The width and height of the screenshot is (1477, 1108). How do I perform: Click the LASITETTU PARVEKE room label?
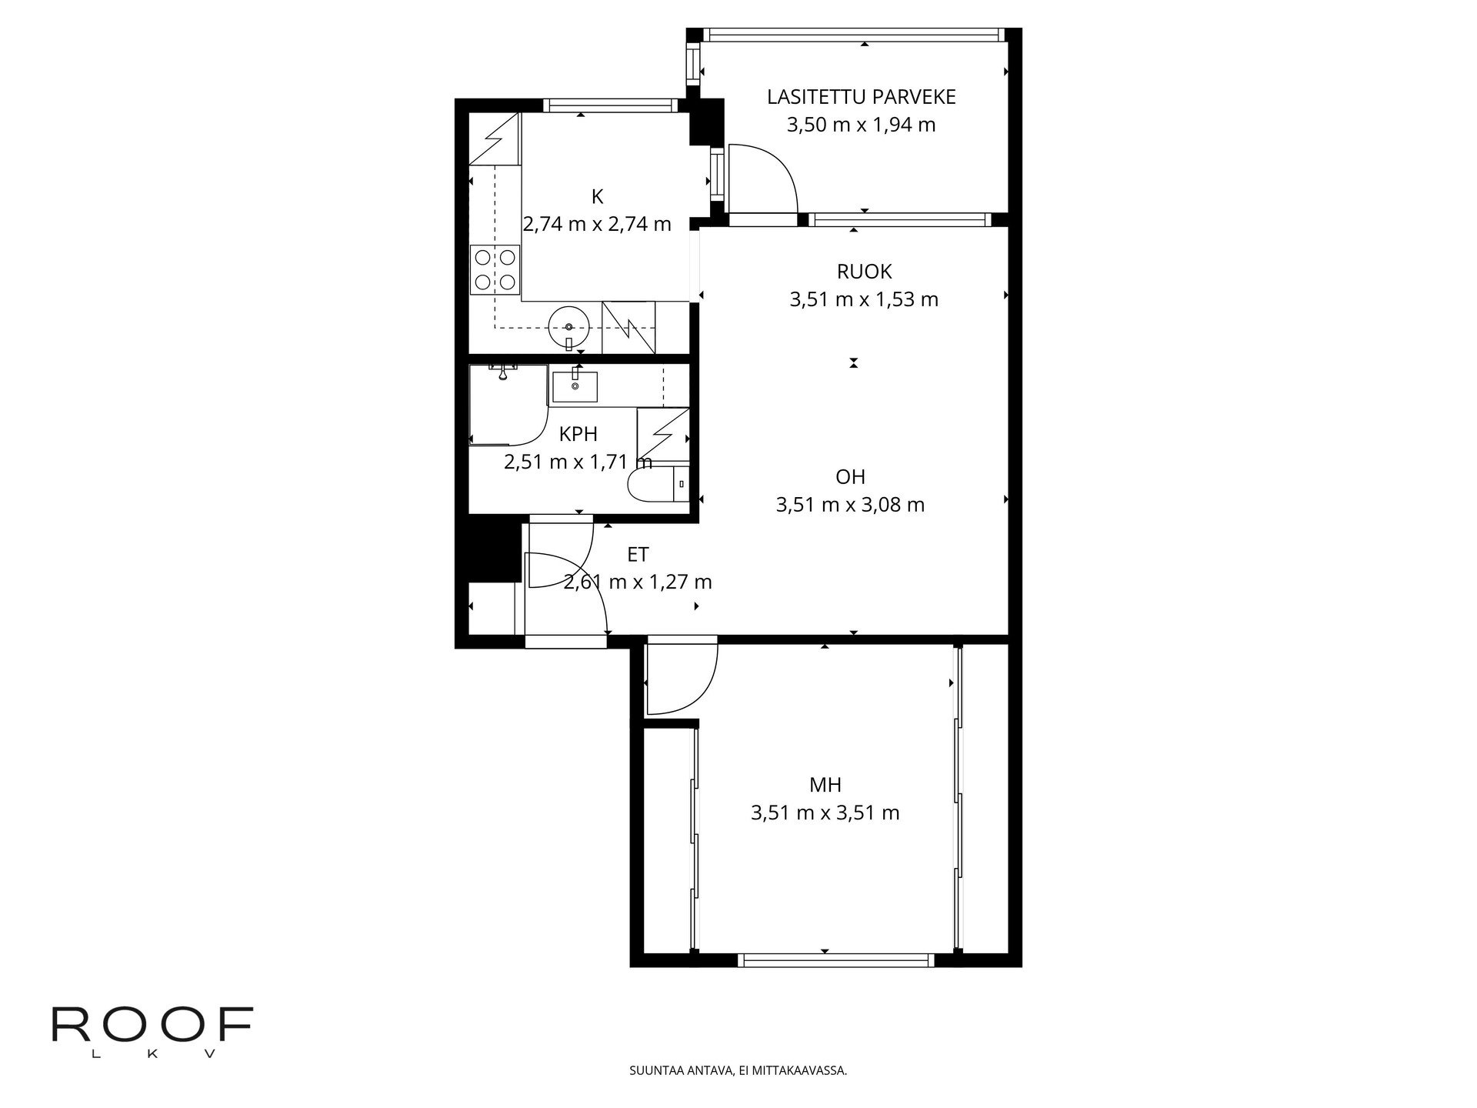point(861,97)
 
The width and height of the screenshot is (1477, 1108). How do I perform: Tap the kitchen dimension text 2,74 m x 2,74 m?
point(597,224)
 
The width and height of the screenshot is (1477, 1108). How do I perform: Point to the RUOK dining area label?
point(864,272)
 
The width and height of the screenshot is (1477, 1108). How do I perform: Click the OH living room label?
point(850,477)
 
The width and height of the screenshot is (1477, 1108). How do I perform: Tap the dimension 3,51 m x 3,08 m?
point(850,505)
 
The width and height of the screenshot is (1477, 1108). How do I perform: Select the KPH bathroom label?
point(578,434)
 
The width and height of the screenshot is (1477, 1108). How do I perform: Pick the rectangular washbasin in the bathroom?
point(575,385)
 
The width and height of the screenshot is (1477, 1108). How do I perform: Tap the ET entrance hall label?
point(638,554)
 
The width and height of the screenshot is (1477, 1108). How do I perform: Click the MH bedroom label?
point(825,785)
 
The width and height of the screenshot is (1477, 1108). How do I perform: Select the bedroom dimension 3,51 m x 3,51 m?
point(825,813)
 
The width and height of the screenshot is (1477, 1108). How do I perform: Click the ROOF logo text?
point(152,1024)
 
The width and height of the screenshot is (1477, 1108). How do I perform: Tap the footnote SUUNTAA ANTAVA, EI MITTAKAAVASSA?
point(738,1070)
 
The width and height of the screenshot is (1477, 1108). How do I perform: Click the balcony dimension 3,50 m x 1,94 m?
point(861,125)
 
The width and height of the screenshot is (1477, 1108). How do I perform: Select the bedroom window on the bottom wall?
point(835,960)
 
